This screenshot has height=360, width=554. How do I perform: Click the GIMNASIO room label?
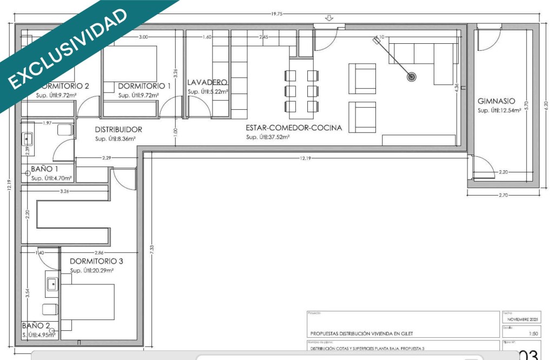[496, 101]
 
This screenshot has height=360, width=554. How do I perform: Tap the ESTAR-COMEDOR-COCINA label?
[294, 128]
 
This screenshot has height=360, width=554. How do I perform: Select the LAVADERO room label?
[207, 82]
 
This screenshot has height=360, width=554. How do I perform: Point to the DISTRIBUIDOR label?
[118, 130]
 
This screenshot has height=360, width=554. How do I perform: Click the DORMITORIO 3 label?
[96, 261]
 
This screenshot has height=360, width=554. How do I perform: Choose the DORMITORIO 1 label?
[144, 86]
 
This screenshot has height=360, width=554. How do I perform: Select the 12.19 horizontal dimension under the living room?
[306, 158]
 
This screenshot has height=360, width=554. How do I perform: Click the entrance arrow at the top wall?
[329, 19]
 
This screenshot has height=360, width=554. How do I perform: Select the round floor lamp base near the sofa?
[412, 77]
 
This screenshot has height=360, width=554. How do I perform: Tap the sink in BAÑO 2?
[52, 284]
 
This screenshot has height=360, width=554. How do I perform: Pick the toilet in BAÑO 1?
[65, 130]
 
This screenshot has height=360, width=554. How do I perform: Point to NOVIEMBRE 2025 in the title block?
[522, 319]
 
